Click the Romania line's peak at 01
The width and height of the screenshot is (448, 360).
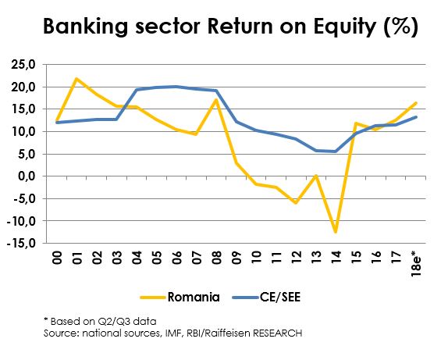point(76,79)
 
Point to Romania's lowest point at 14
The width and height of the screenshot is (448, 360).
point(336,232)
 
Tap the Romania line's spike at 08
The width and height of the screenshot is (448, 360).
point(216,100)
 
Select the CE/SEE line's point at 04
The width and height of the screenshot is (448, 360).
point(137,90)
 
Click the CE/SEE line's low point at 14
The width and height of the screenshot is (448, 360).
point(336,151)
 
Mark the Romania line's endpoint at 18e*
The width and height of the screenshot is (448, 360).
point(416,103)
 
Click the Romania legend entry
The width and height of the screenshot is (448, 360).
point(180,297)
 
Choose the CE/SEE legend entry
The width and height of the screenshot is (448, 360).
point(267,297)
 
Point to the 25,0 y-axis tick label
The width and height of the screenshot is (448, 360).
point(23,65)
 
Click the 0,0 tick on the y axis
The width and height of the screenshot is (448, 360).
point(27,176)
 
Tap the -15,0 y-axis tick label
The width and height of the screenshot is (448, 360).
point(21,244)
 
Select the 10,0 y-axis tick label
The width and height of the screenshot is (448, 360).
point(23,132)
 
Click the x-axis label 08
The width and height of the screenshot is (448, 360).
point(216,258)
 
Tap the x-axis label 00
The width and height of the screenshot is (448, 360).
point(57,258)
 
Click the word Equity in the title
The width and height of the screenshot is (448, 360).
point(345,27)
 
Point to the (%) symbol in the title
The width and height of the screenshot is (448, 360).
point(401,27)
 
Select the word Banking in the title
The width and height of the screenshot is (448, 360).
point(85,27)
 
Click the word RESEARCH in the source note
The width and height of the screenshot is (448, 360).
point(277,333)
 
